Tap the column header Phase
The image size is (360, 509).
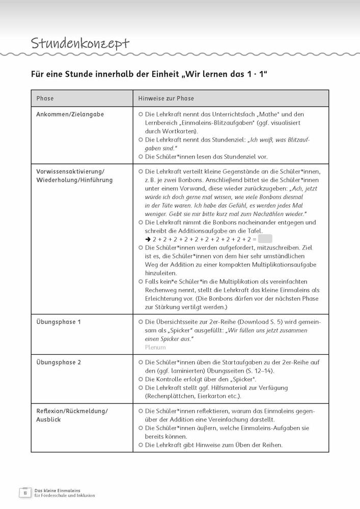(x=45, y=98)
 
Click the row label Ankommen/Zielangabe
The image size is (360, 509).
(x=70, y=115)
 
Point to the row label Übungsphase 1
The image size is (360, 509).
(x=59, y=322)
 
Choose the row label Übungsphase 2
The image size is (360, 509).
(x=59, y=362)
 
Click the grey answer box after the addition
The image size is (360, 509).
(x=265, y=239)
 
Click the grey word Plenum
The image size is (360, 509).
(x=155, y=347)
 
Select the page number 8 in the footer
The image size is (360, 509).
(x=24, y=493)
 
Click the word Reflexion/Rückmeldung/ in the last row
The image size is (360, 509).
(x=72, y=411)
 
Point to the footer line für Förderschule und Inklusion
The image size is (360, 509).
(x=65, y=495)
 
